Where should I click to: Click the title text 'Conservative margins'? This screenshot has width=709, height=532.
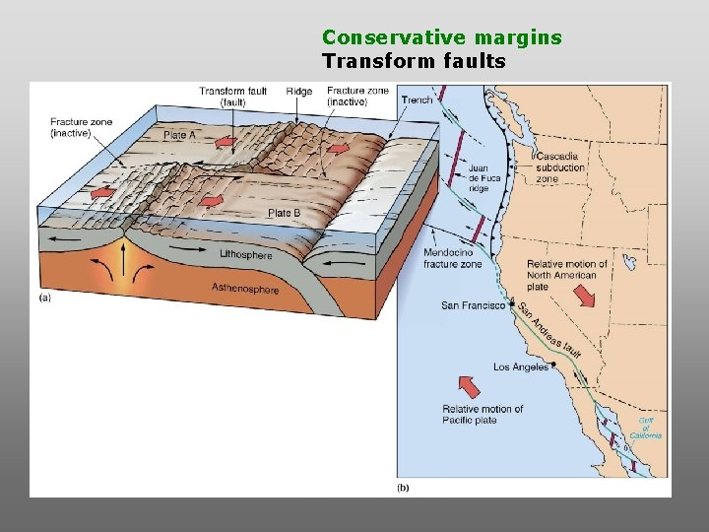pyautogui.click(x=441, y=37)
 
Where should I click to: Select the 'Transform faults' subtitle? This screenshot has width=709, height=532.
pyautogui.click(x=414, y=61)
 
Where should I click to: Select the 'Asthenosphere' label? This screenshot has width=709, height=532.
pyautogui.click(x=245, y=288)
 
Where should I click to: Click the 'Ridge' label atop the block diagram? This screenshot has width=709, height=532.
pyautogui.click(x=300, y=92)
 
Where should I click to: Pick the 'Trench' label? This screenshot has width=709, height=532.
pyautogui.click(x=418, y=100)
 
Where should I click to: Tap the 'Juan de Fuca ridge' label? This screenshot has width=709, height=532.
pyautogui.click(x=480, y=177)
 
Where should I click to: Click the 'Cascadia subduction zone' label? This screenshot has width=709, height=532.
pyautogui.click(x=561, y=167)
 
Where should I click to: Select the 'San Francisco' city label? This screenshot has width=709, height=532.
pyautogui.click(x=473, y=305)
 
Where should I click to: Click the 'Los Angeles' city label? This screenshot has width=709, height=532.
pyautogui.click(x=521, y=367)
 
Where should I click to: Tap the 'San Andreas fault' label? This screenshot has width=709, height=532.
pyautogui.click(x=549, y=332)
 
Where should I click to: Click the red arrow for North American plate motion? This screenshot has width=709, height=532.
pyautogui.click(x=583, y=295)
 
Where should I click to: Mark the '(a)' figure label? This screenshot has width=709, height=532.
pyautogui.click(x=45, y=297)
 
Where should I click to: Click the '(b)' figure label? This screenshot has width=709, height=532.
pyautogui.click(x=403, y=487)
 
